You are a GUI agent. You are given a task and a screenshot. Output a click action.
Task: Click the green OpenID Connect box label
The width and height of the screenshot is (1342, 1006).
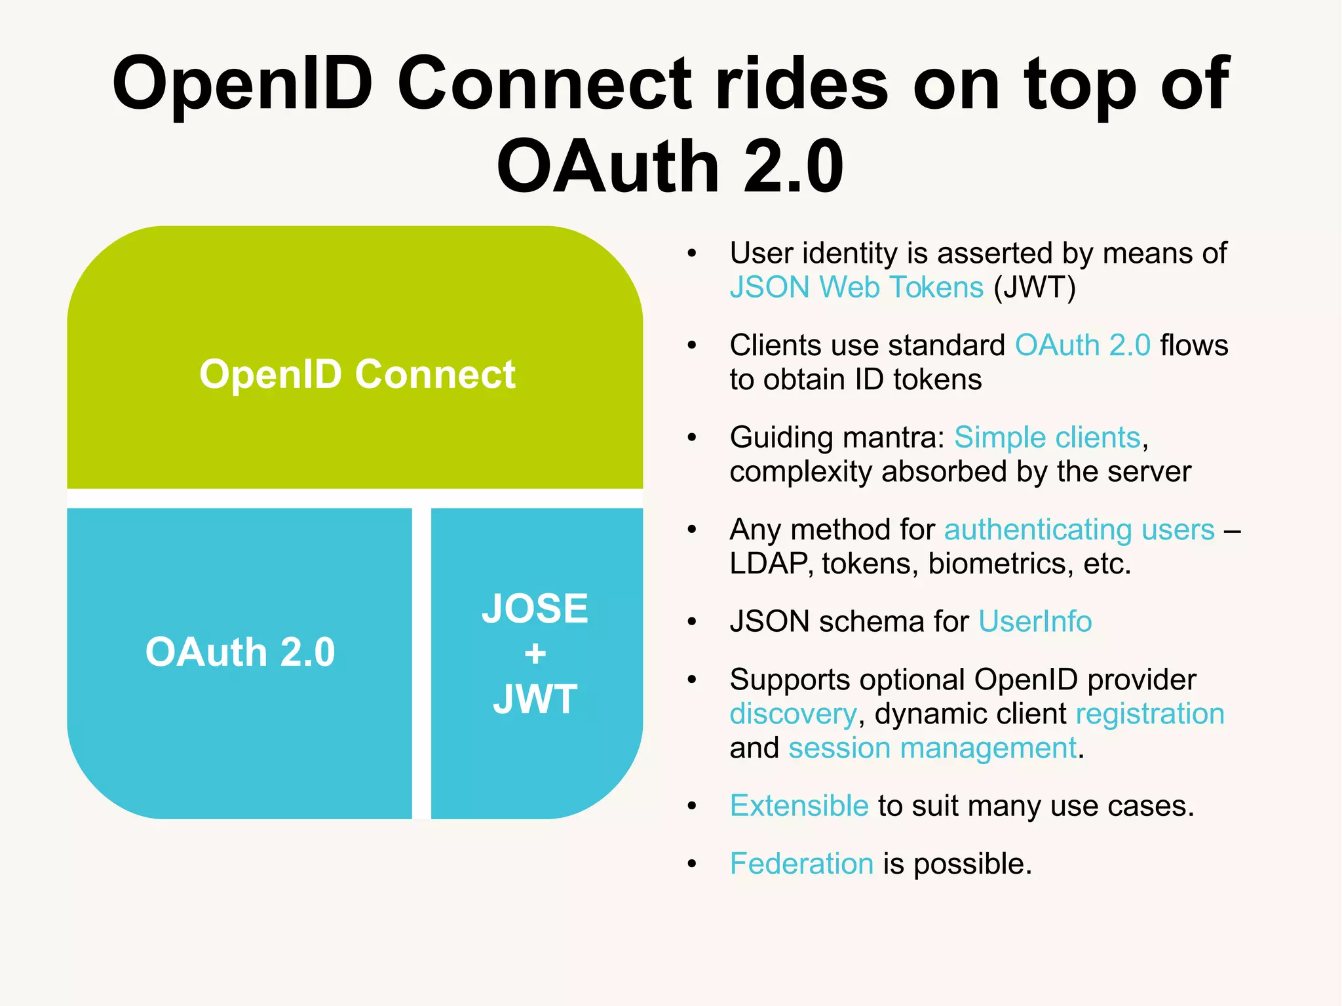click(x=357, y=375)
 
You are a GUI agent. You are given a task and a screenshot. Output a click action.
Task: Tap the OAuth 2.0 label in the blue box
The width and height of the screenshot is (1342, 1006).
click(x=240, y=652)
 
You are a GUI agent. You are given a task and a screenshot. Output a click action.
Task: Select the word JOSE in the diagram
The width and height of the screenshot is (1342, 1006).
click(x=535, y=608)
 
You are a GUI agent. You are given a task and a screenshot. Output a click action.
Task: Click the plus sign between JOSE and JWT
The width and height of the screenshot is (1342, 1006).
click(x=535, y=653)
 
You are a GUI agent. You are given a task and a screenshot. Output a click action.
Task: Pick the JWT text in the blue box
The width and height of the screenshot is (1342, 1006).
click(x=535, y=699)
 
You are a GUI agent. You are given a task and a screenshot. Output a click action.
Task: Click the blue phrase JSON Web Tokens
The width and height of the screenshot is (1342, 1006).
click(x=856, y=287)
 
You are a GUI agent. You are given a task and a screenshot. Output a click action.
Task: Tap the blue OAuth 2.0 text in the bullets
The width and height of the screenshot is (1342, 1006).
click(x=1083, y=345)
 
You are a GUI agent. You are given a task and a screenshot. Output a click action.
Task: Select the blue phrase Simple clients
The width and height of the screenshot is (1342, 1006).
click(x=1047, y=437)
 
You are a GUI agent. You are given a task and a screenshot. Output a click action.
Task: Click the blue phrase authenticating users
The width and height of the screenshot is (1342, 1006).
click(x=1079, y=530)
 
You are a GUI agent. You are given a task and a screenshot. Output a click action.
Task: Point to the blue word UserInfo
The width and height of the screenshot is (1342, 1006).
click(x=1035, y=621)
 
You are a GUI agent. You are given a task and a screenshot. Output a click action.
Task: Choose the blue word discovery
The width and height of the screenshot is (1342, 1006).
click(x=793, y=714)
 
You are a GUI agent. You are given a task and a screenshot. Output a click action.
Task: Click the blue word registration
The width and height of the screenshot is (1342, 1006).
click(x=1150, y=714)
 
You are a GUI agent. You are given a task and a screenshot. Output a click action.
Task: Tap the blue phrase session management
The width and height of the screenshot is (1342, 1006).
click(x=932, y=748)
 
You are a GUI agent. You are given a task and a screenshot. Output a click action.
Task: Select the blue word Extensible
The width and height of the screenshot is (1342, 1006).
click(x=799, y=805)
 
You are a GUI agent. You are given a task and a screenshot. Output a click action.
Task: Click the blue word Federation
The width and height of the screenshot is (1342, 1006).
click(x=801, y=864)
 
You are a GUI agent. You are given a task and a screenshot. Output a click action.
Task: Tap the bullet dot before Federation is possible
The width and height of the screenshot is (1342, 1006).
click(x=692, y=864)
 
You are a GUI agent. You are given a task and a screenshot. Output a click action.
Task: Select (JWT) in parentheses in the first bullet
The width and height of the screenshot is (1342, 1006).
click(x=1035, y=287)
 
